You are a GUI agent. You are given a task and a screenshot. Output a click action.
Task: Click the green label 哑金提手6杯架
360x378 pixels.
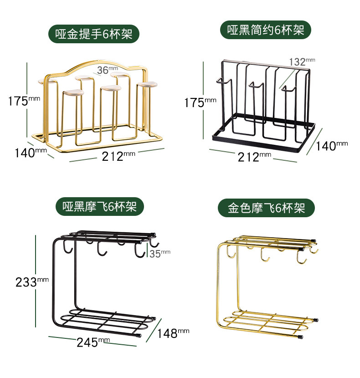[94, 34]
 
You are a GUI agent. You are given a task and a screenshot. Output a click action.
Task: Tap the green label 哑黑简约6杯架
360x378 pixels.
[266, 30]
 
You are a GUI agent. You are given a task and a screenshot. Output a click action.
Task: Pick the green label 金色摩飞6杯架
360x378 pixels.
[266, 209]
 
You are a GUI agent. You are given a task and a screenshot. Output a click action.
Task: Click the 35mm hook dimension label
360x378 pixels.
[159, 254]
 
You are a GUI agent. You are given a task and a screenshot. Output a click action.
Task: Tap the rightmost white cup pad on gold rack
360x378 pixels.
[146, 85]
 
